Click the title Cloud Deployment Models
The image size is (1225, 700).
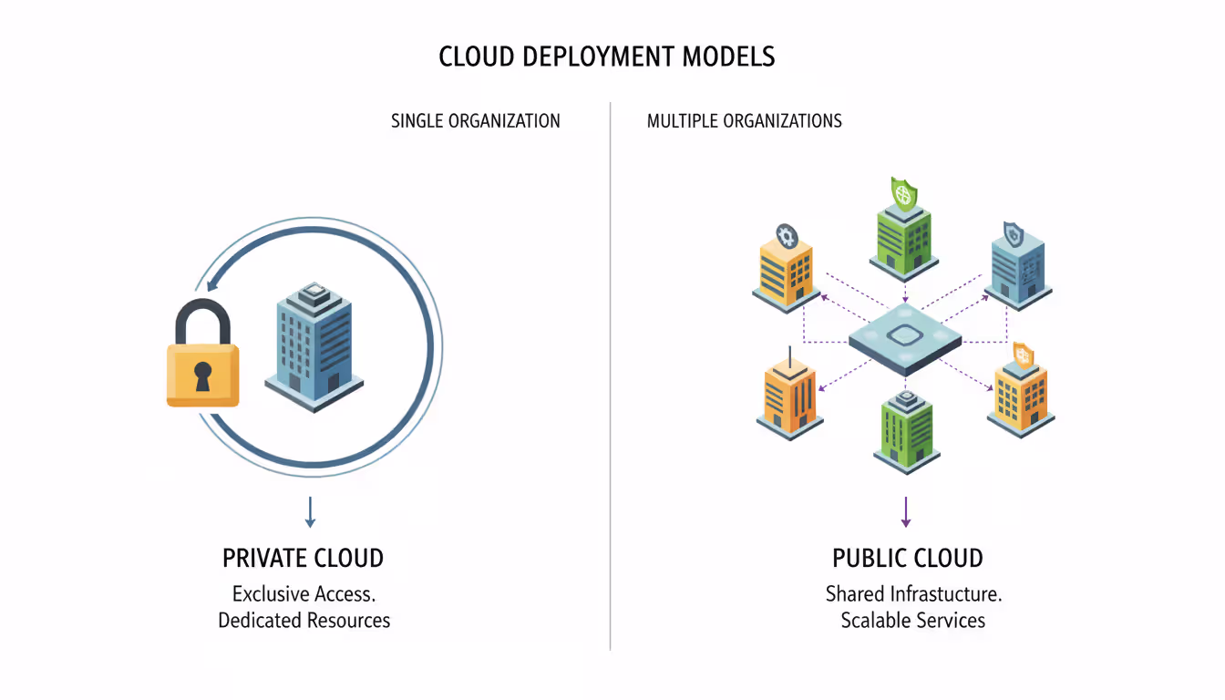(607, 57)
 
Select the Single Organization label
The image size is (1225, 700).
(475, 121)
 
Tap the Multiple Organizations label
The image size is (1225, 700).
(744, 121)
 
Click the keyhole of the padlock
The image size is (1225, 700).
(202, 375)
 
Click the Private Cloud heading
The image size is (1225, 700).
(304, 558)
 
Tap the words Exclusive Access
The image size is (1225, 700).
(304, 594)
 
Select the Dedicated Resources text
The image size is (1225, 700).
(304, 621)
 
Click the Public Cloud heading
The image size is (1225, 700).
(908, 558)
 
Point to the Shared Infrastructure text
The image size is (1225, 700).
(913, 594)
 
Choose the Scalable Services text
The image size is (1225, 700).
(913, 621)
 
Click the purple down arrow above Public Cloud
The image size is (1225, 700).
(906, 511)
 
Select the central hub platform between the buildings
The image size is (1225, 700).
(905, 340)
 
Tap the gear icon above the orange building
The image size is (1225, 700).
(787, 236)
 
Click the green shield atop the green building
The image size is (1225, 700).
(904, 193)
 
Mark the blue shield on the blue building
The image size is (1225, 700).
(1013, 234)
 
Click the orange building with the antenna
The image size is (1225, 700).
(789, 396)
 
